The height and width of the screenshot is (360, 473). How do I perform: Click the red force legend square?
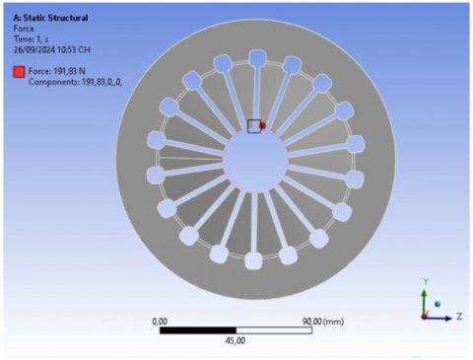click(19, 72)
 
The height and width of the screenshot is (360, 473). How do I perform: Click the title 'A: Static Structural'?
click(50, 18)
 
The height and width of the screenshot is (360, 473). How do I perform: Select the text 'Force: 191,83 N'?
click(57, 71)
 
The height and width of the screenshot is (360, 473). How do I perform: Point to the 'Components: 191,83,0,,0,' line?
click(75, 82)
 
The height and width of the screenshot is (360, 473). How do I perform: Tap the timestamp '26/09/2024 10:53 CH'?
click(52, 50)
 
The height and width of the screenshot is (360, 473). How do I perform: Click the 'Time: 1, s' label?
click(31, 39)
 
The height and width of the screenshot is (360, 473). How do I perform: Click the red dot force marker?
click(262, 126)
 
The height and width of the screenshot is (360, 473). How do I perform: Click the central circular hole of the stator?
click(255, 160)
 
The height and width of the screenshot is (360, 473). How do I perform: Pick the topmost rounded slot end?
click(257, 58)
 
